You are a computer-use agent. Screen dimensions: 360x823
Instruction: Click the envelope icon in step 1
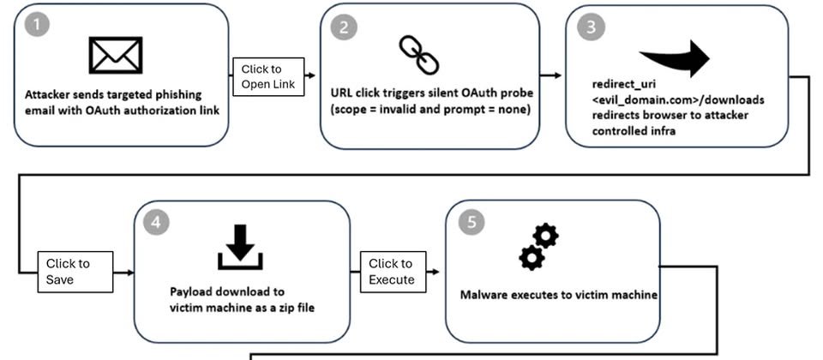click(x=116, y=55)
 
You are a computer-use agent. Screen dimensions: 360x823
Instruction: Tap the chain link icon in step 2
click(x=418, y=56)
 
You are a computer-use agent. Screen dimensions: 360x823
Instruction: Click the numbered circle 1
click(x=35, y=25)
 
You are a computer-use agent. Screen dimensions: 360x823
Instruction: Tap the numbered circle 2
click(x=344, y=26)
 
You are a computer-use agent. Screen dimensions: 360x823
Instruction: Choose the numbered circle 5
click(x=470, y=221)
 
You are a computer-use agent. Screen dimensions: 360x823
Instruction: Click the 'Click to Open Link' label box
click(x=268, y=76)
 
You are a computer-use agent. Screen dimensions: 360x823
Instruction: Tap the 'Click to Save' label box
click(x=76, y=271)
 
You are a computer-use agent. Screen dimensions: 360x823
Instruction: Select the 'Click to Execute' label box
click(x=391, y=271)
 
